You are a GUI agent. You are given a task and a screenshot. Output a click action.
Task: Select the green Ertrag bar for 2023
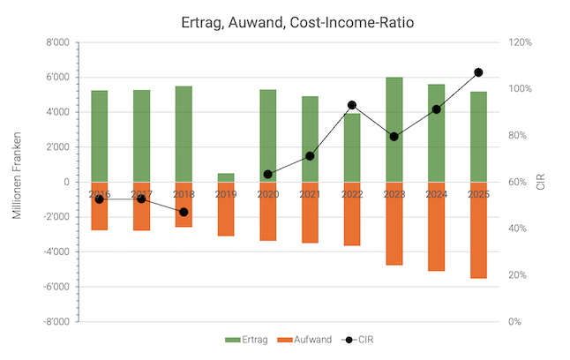click(394, 129)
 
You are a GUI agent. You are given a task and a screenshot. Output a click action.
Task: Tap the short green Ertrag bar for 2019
click(226, 177)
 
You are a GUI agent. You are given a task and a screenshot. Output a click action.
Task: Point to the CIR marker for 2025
click(478, 72)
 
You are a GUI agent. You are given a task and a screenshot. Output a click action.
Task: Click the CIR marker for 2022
click(352, 105)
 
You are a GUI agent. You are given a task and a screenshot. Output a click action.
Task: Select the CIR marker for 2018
click(184, 212)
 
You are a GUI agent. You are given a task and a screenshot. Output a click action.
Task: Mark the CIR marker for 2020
click(267, 175)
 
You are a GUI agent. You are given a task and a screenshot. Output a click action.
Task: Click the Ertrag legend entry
click(246, 339)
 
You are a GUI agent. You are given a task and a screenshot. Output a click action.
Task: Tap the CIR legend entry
click(363, 339)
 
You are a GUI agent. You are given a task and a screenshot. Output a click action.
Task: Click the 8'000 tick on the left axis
click(57, 42)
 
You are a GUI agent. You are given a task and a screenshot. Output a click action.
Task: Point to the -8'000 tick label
click(56, 322)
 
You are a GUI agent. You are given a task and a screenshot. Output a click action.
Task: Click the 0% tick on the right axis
click(515, 322)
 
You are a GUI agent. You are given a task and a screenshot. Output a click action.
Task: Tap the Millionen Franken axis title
click(17, 182)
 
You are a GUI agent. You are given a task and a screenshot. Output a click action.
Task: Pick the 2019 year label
click(226, 194)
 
